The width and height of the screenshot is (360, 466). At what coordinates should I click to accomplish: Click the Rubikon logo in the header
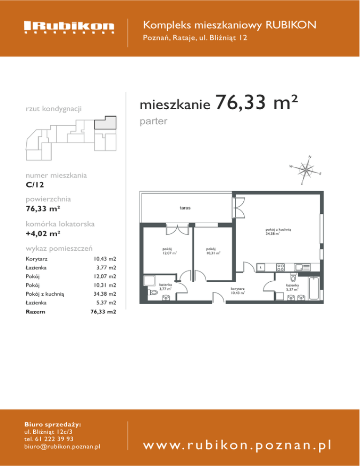coord(69,27)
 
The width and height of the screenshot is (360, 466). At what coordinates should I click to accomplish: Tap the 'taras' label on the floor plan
coord(185,208)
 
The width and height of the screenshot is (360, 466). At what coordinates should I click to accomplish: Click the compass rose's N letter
coord(310,157)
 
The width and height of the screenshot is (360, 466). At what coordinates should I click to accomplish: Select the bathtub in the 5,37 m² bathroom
coord(314,288)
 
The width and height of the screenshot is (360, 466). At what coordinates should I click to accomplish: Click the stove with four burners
coord(280,268)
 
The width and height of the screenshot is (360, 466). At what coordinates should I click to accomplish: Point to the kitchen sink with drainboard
coord(302,268)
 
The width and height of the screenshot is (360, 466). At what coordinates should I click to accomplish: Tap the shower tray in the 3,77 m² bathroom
coord(149,280)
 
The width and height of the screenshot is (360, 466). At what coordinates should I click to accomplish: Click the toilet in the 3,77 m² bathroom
coord(152,293)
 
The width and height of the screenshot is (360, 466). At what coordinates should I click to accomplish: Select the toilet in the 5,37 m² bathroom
coord(293,278)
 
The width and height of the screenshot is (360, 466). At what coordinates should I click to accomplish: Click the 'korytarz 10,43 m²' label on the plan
coord(238,291)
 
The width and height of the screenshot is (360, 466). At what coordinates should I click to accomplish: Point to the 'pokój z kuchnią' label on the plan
coord(278,229)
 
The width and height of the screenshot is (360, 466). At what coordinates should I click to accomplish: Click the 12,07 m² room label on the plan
coord(169,251)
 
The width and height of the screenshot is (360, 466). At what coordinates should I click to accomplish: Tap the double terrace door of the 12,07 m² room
coord(177,229)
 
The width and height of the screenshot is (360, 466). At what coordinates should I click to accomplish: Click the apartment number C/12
coord(35,185)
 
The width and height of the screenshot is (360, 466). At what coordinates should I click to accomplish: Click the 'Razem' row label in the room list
coord(35,312)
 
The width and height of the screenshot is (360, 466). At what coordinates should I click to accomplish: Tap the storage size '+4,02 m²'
coord(43,233)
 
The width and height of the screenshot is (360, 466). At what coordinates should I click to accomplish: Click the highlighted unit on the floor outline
coord(105,122)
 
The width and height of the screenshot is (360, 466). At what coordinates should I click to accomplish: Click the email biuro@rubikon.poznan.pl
coord(62,446)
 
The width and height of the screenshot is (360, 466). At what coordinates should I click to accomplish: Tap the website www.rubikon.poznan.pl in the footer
coord(237,445)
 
